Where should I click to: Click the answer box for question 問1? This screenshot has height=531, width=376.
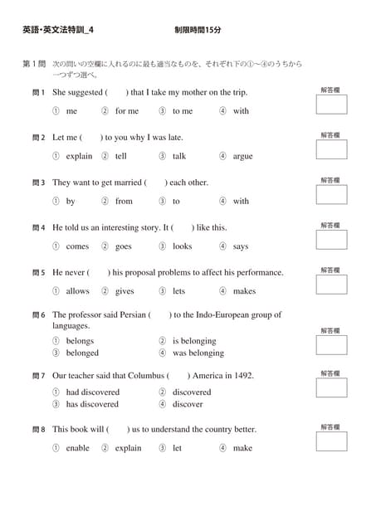[332, 105]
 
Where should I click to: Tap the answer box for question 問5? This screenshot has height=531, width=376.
[332, 285]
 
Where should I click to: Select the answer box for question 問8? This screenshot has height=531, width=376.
[332, 441]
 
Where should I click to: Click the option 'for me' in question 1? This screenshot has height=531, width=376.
[127, 111]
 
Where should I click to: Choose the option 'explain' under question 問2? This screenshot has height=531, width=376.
[79, 156]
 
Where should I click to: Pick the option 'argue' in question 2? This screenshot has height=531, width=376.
[242, 156]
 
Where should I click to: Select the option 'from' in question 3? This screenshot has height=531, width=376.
[124, 201]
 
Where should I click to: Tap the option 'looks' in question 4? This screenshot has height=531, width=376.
[182, 246]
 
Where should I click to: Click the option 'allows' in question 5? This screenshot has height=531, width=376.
[77, 291]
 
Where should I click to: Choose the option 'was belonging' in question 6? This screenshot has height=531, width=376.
[198, 353]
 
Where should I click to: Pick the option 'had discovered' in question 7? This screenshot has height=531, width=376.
[92, 392]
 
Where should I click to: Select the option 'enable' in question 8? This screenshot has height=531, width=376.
[77, 448]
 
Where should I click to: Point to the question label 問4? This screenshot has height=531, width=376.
[38, 227]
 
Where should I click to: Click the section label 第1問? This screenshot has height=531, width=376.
[33, 63]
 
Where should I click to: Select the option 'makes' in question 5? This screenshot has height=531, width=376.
[244, 291]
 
